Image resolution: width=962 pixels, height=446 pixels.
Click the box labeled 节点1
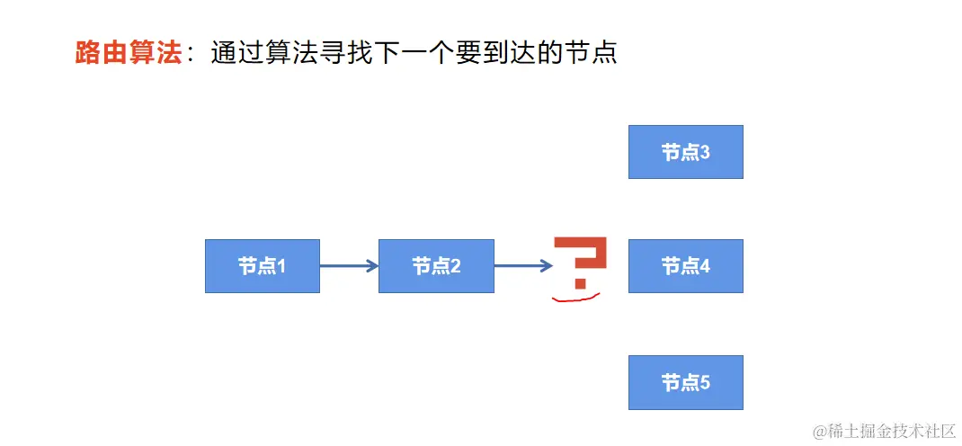(262, 266)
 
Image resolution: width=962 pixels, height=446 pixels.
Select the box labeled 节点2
(436, 266)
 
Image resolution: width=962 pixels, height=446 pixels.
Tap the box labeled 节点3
(685, 152)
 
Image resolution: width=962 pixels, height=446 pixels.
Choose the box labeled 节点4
(685, 266)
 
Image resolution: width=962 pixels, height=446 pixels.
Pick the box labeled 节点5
(685, 382)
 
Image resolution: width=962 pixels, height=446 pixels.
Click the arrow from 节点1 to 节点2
(349, 266)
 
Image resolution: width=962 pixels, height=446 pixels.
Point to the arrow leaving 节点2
(523, 266)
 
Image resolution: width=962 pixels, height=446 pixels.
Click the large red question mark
(580, 261)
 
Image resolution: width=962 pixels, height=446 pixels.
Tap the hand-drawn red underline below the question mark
(575, 298)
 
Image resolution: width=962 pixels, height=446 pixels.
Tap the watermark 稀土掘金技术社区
(892, 432)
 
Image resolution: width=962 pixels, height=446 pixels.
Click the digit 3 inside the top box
(705, 153)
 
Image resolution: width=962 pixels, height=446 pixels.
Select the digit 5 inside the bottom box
(705, 383)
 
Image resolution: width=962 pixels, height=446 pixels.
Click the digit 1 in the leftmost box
(281, 267)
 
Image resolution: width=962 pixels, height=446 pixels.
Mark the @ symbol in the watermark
(819, 433)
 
